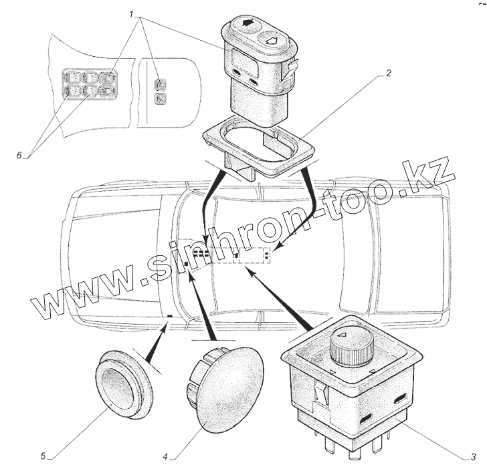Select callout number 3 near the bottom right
pos(473,457)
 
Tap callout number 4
pos(164,458)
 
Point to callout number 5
pos(43,457)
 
